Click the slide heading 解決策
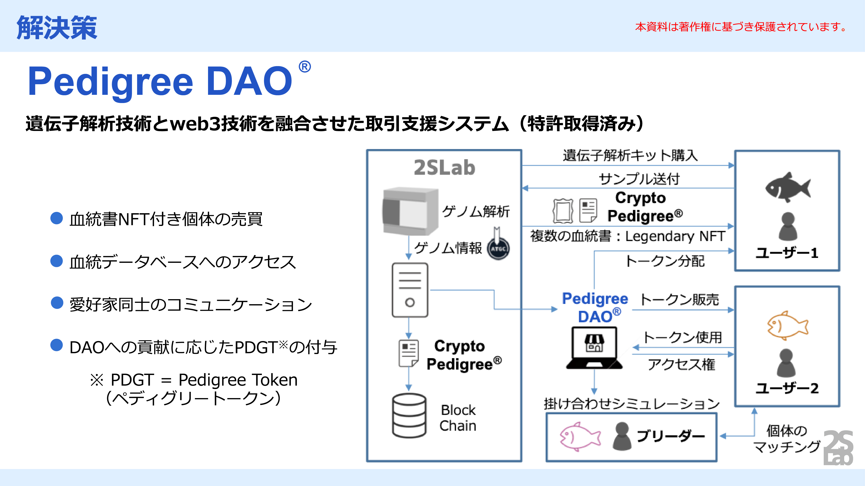click(x=57, y=27)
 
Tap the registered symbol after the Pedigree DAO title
click(x=304, y=67)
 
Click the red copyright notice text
click(x=740, y=27)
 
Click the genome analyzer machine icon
click(x=410, y=211)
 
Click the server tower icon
click(x=410, y=290)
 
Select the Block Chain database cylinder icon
click(x=409, y=415)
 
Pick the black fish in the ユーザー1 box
click(x=787, y=188)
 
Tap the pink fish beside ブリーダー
click(x=579, y=437)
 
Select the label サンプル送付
click(x=639, y=179)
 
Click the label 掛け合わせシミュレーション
click(x=631, y=403)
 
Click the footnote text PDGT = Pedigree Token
click(x=204, y=380)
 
